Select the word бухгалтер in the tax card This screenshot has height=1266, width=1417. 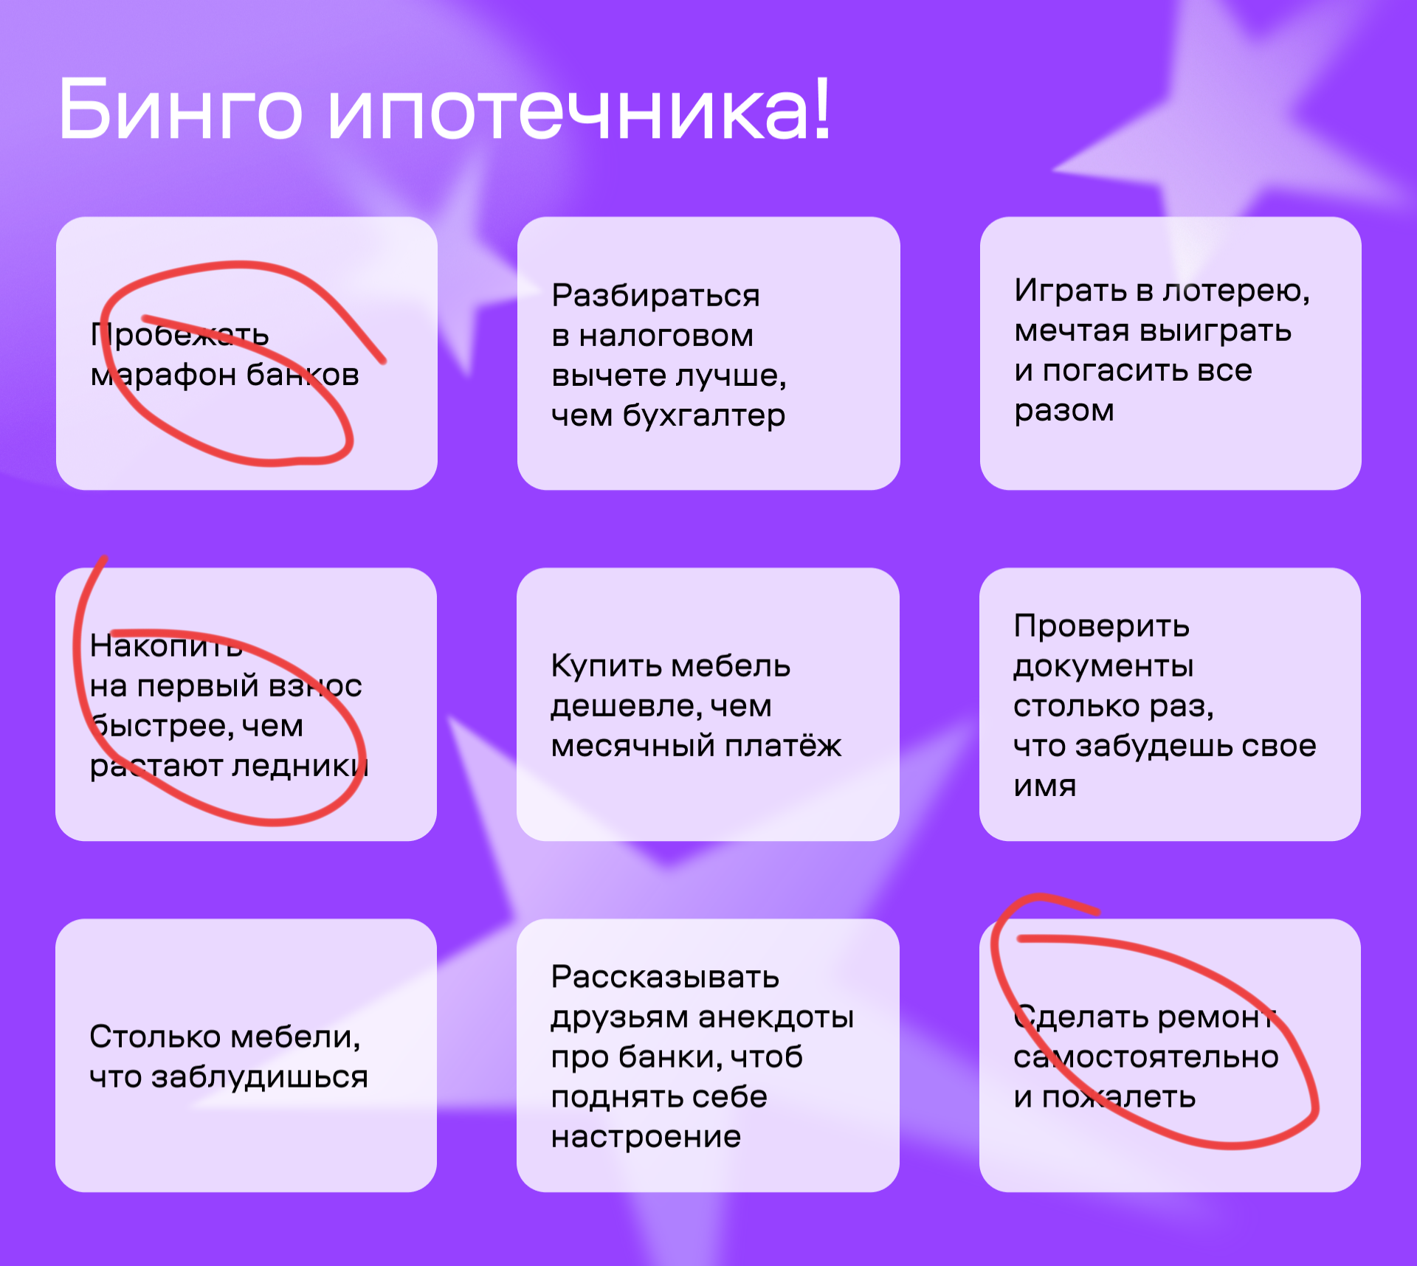(704, 416)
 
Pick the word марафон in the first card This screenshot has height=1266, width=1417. (163, 376)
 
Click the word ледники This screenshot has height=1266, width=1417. (300, 766)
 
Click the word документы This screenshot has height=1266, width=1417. (1103, 667)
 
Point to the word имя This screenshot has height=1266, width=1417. (1045, 786)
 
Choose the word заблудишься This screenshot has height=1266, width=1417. (259, 1078)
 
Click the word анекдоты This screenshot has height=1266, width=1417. (776, 1017)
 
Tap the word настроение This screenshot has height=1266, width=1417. (646, 1137)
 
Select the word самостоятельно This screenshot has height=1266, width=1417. (1146, 1058)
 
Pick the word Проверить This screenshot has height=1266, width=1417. (1101, 626)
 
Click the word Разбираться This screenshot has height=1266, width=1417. (655, 297)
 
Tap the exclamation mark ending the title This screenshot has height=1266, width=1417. (823, 108)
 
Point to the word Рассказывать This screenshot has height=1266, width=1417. (665, 978)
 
